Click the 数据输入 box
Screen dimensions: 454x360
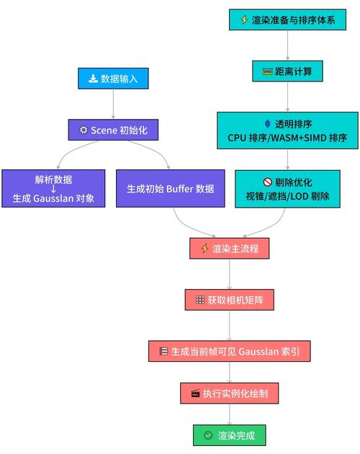pos(114,79)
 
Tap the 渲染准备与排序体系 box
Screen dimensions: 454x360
pos(288,19)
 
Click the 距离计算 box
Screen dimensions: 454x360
pos(288,71)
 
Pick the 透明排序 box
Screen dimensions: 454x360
pos(288,130)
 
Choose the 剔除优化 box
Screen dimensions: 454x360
pos(288,189)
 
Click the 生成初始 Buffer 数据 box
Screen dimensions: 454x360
pos(171,190)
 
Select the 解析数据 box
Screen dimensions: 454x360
pos(54,190)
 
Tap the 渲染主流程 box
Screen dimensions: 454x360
pos(229,249)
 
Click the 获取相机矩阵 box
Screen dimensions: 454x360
pos(229,299)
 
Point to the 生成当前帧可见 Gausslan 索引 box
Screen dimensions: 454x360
pos(229,351)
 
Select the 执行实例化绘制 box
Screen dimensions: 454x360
pos(229,393)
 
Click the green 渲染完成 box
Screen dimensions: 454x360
pos(229,435)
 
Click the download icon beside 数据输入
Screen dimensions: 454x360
pos(93,79)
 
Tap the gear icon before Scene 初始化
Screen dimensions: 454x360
pos(84,130)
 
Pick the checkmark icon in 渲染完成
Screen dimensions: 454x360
pos(208,435)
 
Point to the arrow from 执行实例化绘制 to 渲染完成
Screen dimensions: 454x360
pos(229,415)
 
